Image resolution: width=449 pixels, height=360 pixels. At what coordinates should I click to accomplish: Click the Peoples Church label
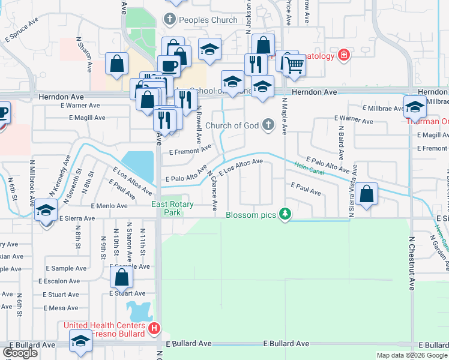pos(207,20)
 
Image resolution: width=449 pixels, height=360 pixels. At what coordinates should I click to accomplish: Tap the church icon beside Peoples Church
pos(170,20)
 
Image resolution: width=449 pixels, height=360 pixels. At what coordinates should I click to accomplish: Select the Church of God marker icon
pos(268,125)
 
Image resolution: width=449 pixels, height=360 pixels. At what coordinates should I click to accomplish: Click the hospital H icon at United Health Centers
pos(154,329)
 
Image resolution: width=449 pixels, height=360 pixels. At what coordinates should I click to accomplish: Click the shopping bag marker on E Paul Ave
pos(366,194)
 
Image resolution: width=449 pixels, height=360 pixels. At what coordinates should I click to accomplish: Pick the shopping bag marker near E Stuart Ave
pos(121,277)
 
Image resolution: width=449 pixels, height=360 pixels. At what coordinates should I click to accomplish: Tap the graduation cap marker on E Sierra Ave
pos(46,211)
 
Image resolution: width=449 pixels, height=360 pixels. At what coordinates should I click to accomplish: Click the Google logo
pos(20,353)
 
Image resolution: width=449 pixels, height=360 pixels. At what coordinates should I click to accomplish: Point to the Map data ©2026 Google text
pos(411,355)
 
